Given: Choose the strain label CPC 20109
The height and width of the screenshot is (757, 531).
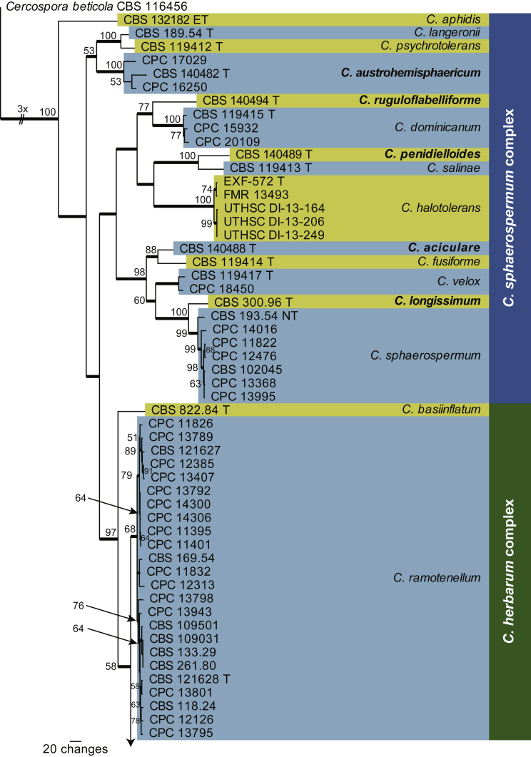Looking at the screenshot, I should [218, 141].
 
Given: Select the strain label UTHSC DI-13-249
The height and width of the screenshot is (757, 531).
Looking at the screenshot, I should [275, 235].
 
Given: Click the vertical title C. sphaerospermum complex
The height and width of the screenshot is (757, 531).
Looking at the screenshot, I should [510, 207].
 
